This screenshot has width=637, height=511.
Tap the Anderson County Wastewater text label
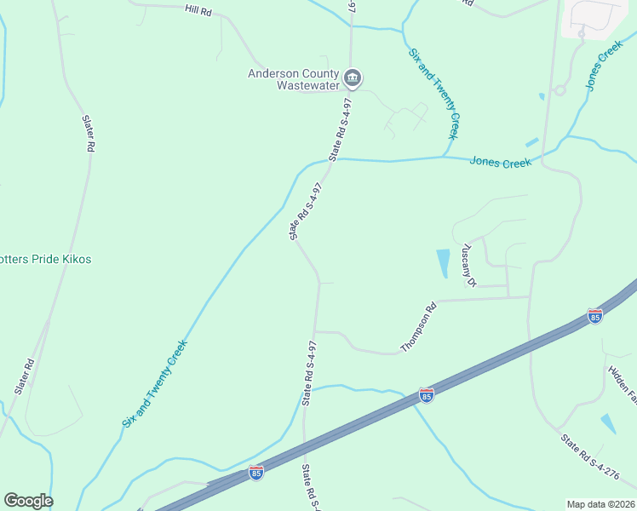click(294, 79)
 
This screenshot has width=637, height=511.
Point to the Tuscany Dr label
click(468, 265)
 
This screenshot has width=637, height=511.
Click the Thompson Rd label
click(419, 327)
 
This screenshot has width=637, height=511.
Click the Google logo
click(28, 501)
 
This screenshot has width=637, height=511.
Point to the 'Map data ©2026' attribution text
click(600, 504)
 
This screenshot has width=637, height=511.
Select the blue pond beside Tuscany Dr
click(442, 263)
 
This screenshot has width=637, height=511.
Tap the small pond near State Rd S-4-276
click(608, 423)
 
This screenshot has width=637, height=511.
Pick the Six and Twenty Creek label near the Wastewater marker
click(434, 94)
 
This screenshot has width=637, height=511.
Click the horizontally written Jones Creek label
click(501, 162)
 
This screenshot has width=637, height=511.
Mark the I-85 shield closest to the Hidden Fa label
click(595, 317)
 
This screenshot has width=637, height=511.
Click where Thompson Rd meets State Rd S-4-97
click(314, 331)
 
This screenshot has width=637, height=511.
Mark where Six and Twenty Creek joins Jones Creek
click(442, 158)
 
